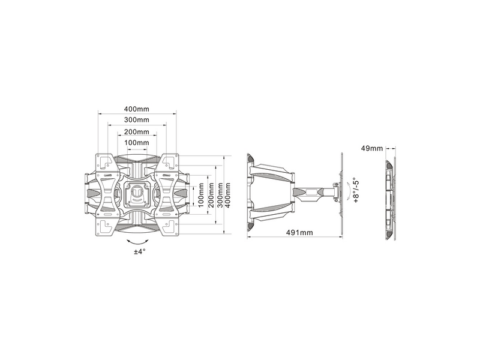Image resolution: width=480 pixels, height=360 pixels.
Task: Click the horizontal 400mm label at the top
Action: pos(137,109)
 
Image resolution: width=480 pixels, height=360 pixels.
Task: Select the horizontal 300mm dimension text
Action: pos(137,121)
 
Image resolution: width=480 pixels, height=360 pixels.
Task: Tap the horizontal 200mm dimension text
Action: pos(137,132)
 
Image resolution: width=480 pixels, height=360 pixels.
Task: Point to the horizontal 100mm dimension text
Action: pos(137,143)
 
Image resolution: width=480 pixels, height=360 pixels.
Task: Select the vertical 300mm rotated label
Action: pos(220,194)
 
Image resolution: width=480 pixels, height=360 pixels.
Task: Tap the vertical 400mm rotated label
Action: pos(230,194)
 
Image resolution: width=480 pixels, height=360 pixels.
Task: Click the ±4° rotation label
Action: pos(139,252)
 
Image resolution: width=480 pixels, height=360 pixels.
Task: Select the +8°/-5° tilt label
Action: pos(356,191)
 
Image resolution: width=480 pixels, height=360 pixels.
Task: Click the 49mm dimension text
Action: pos(372,148)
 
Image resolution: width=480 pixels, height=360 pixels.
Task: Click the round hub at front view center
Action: pos(137,194)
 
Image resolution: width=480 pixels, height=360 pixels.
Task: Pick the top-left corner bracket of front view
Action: pos(106,162)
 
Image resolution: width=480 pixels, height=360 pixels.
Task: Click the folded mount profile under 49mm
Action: pos(391,195)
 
